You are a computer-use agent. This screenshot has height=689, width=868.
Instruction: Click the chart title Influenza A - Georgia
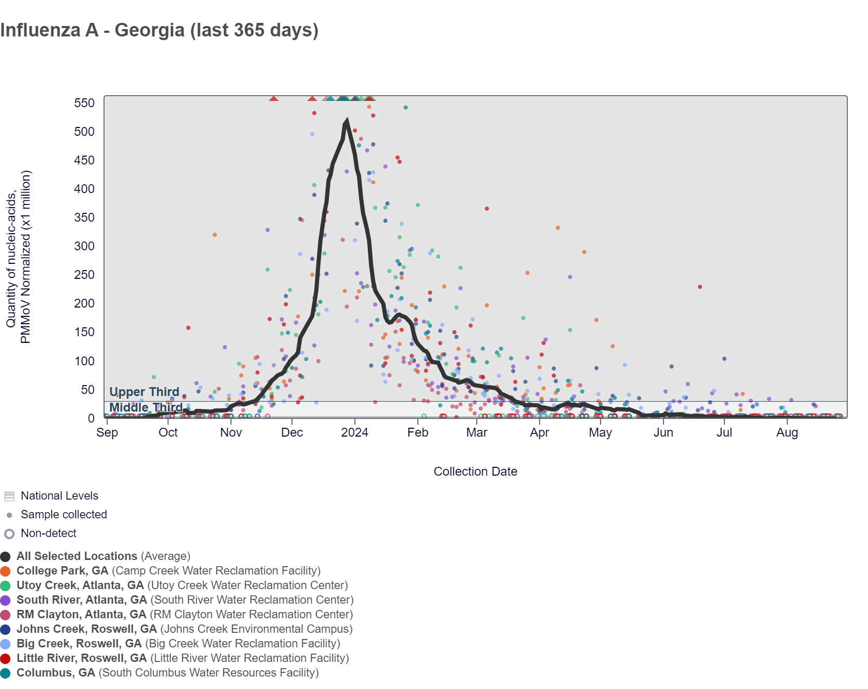point(159,30)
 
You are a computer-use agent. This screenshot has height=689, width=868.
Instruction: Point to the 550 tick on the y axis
point(84,103)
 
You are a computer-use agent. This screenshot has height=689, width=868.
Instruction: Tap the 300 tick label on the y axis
point(84,246)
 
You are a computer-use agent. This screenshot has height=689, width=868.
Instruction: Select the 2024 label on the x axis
point(354,432)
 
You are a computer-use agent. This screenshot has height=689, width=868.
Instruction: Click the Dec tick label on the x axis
point(292,432)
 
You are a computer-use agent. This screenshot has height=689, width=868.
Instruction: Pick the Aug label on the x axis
point(787,432)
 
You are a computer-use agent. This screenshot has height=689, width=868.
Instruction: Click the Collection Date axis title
point(475,471)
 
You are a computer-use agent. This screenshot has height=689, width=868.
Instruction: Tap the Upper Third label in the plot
point(144,392)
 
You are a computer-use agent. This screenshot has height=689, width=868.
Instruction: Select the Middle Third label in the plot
point(146,407)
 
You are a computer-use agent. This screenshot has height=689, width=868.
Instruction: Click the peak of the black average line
point(347,121)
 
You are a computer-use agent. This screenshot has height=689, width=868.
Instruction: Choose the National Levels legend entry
point(59,496)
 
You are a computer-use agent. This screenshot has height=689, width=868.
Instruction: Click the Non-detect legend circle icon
point(9,534)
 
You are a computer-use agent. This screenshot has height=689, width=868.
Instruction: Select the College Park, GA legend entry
point(62,571)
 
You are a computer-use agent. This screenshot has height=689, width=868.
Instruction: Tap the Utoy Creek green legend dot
point(6,586)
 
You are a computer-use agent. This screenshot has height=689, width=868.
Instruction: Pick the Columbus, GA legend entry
point(56,673)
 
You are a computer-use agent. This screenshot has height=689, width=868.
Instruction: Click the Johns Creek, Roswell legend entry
point(86,629)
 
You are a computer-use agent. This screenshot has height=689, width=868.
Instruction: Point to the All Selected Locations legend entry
point(77,556)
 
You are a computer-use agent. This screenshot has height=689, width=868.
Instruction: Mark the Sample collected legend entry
point(63,515)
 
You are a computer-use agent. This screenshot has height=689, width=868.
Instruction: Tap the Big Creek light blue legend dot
point(6,644)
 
